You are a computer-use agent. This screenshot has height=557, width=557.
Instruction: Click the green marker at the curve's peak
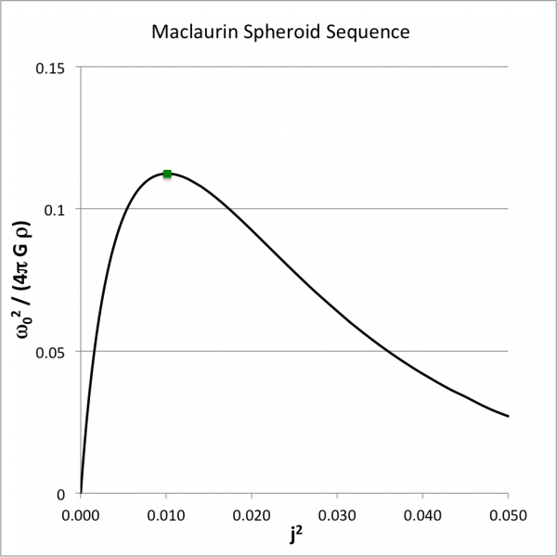point(167,174)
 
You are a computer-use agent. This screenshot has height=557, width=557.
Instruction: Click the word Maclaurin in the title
point(191,32)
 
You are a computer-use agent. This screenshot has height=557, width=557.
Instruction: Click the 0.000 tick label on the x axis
point(81,513)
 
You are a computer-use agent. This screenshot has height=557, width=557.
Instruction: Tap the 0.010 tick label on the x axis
point(166,513)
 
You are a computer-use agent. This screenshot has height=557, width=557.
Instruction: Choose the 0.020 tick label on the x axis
point(252,513)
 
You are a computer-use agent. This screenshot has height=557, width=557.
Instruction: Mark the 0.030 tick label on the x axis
point(337,513)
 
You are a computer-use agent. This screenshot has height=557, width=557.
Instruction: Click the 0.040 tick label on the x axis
point(423,513)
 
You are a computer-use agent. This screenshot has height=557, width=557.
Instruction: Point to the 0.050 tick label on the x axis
point(508,513)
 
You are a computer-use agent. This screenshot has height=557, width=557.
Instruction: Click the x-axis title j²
point(294,536)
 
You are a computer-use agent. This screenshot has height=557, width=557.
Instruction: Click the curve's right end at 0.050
point(508,416)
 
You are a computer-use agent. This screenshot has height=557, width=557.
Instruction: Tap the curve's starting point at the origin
point(82,492)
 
